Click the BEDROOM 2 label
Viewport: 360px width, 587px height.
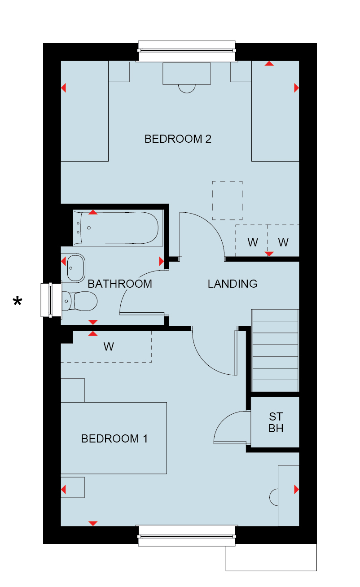coord(177,139)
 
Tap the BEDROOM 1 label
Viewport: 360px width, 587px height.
coord(114,438)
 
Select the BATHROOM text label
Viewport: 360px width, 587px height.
coord(120,284)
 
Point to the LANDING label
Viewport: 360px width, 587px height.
coord(233,284)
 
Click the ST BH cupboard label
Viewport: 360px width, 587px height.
coord(276,422)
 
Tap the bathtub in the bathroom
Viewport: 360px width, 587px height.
coord(118,228)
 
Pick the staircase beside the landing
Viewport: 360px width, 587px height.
coord(275,350)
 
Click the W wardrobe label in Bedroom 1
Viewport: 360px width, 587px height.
coord(109,347)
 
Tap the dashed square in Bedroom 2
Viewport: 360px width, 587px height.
coord(227,201)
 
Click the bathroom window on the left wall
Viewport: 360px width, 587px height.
coord(51,300)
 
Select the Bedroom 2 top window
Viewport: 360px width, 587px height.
coord(187,51)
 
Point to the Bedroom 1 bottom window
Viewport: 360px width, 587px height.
coord(187,536)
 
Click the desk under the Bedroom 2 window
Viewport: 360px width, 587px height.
coord(187,74)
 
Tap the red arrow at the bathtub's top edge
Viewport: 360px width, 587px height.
coord(93,212)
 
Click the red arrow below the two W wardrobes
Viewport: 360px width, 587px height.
coord(269,254)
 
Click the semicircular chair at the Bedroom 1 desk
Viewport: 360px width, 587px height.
coord(273,497)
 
